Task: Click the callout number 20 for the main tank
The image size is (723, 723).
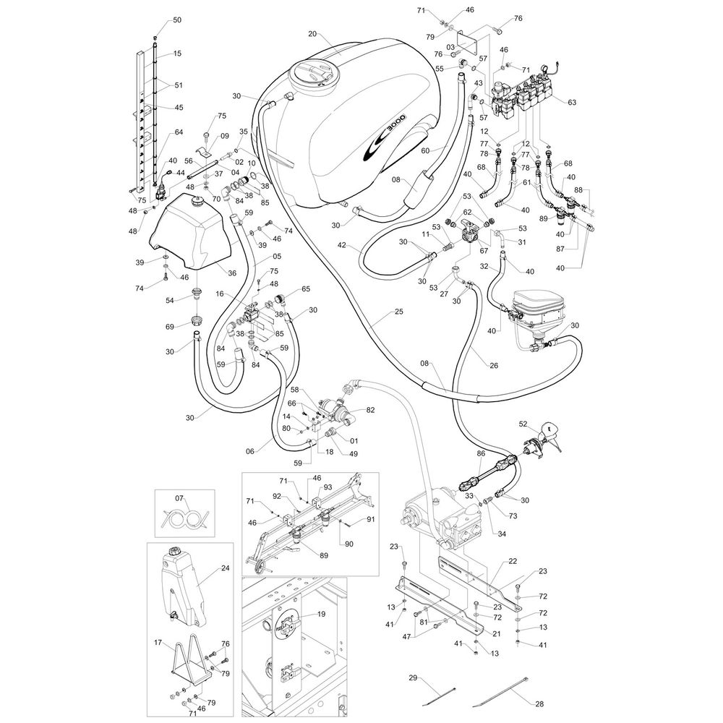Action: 312,34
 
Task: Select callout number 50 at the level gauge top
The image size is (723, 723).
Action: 177,20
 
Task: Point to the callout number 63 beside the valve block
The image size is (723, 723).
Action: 572,103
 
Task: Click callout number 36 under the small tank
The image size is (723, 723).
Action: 232,273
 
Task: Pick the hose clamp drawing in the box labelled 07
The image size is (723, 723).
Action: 184,520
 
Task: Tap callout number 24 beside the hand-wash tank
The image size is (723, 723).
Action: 225,568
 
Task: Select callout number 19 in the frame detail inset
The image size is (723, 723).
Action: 322,614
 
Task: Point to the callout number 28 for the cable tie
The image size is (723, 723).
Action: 539,704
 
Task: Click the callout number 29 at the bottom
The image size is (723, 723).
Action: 413,677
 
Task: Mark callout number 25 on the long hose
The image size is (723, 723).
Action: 399,312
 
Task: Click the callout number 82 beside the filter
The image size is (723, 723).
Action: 371,410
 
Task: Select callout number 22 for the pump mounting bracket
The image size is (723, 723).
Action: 513,561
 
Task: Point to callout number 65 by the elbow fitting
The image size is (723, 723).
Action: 306,288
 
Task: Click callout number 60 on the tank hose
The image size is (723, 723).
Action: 424,150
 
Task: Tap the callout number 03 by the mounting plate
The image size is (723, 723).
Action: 450,47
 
